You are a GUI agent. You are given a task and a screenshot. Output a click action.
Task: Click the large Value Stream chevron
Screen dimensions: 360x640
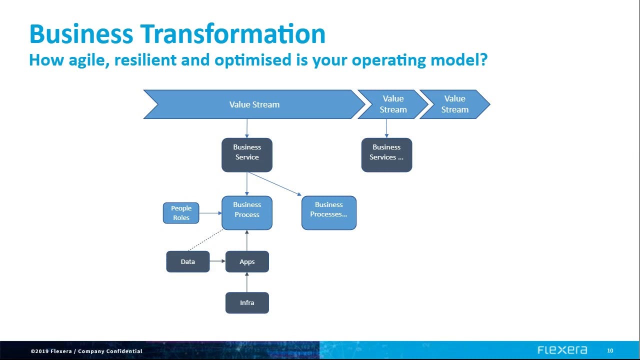(254, 104)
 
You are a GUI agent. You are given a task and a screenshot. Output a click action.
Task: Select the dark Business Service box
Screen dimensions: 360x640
(247, 155)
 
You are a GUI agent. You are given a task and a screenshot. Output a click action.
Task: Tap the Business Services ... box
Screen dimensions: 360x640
(386, 155)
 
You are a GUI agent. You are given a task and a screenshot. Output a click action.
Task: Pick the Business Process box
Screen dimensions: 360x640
(247, 212)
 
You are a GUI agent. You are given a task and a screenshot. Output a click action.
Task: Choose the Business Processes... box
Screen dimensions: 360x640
(329, 212)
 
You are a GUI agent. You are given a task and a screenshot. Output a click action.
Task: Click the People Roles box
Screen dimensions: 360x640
(181, 213)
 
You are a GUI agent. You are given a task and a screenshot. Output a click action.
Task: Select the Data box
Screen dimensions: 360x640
(188, 261)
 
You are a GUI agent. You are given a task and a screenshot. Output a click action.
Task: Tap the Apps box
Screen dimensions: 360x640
(247, 261)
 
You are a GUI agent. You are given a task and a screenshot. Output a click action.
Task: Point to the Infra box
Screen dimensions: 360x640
(247, 303)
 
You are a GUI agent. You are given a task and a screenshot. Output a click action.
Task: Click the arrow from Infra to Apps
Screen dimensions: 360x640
(247, 282)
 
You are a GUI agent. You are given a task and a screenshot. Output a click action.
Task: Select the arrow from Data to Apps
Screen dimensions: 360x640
(217, 261)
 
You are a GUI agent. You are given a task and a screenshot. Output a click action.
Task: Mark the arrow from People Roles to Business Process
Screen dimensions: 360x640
(210, 213)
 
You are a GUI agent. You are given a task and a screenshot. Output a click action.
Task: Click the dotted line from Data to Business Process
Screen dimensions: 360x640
(205, 240)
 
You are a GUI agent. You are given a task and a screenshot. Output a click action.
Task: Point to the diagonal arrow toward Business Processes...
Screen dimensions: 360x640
(274, 183)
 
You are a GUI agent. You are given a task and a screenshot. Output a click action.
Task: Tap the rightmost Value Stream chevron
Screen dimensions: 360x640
(454, 104)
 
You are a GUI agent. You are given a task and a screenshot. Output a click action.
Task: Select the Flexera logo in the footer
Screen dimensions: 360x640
(562, 350)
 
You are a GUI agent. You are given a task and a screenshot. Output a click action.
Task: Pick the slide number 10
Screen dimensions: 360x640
(610, 350)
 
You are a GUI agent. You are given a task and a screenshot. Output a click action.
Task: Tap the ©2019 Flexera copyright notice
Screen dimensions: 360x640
(86, 351)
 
